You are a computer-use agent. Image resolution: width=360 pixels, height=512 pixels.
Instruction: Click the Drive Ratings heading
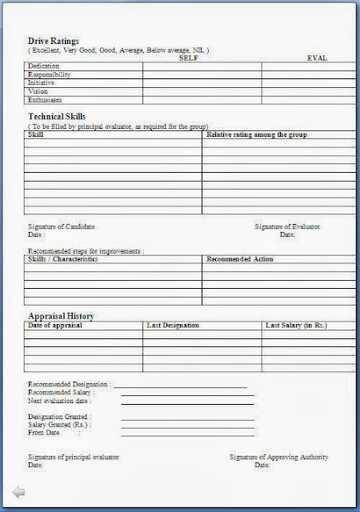click(x=54, y=40)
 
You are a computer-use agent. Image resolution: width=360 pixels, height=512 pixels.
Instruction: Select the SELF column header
click(x=190, y=58)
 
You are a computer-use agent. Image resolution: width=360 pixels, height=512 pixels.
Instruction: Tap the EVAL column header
click(x=318, y=58)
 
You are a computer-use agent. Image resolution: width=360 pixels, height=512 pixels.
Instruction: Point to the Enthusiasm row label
click(x=46, y=100)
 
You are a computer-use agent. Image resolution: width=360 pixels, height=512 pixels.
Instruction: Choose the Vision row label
click(x=38, y=91)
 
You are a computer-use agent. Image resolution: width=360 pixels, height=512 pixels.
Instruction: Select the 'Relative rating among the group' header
click(x=257, y=134)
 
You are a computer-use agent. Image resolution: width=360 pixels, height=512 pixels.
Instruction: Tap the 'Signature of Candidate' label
click(x=62, y=226)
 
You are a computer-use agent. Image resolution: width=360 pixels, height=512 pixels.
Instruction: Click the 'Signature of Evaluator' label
click(x=287, y=226)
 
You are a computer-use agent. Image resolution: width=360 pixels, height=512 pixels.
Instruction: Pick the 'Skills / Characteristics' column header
click(x=62, y=259)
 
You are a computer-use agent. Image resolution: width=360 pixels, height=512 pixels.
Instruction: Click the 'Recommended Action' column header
click(x=241, y=259)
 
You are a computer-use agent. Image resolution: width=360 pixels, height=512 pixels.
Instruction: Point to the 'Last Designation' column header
click(x=173, y=326)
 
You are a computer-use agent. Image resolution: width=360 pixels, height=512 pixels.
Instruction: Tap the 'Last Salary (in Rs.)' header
click(x=296, y=326)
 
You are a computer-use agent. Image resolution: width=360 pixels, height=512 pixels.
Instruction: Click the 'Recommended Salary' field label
click(x=62, y=392)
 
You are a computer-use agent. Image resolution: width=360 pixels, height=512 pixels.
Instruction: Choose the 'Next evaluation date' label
click(x=60, y=400)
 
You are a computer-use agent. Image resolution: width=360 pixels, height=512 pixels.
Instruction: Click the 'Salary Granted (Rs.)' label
click(x=58, y=424)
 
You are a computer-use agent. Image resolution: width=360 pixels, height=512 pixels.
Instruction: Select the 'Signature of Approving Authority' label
click(x=278, y=457)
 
